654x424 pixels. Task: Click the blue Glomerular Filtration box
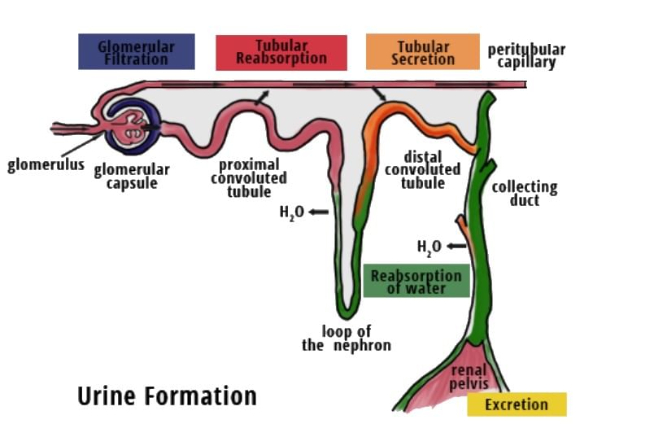click(x=136, y=52)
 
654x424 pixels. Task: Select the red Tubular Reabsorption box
click(x=281, y=52)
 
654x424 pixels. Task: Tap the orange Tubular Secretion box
click(x=422, y=51)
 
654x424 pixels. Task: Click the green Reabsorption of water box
click(x=416, y=281)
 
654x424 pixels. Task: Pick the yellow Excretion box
click(x=517, y=404)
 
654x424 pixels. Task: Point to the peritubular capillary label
click(x=526, y=55)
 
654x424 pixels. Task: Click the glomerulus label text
click(x=46, y=165)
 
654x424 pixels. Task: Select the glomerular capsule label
click(x=131, y=176)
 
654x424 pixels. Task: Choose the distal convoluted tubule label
click(x=422, y=169)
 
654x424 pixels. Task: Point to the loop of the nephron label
click(x=346, y=339)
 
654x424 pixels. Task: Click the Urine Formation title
click(x=167, y=396)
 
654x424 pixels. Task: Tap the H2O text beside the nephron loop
click(x=291, y=213)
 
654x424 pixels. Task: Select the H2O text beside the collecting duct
click(x=429, y=247)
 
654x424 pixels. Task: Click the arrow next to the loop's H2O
click(x=319, y=212)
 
